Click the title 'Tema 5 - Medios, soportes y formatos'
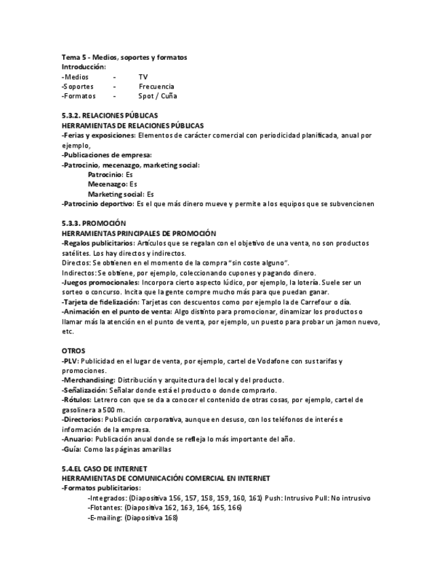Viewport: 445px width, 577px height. [124, 57]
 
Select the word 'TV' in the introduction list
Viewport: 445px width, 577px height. [143, 77]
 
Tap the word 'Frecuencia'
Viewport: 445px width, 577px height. [156, 86]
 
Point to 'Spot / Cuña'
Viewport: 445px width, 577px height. [158, 96]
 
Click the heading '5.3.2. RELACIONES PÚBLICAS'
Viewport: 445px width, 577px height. [109, 116]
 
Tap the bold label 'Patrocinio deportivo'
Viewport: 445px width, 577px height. [99, 203]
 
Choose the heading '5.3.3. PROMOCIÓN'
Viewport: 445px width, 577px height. [94, 223]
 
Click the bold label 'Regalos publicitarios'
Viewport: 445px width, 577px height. [99, 243]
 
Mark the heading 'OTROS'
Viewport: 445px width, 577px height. [73, 350]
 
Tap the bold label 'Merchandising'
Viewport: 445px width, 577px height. [88, 380]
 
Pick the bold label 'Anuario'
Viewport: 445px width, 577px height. [81, 439]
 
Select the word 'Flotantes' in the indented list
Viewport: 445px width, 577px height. [105, 508]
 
